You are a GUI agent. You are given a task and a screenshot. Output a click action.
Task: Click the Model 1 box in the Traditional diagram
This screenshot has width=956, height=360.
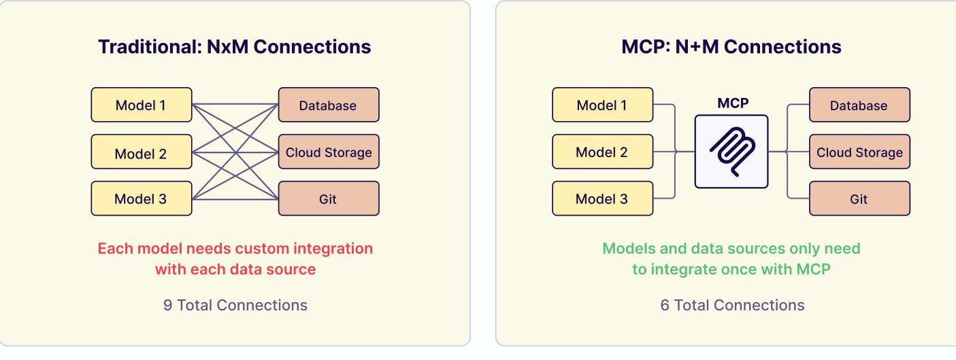(142, 105)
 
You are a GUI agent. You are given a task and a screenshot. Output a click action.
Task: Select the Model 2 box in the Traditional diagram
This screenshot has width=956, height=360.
(142, 152)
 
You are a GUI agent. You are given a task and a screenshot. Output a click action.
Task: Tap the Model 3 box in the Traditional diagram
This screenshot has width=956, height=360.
(142, 199)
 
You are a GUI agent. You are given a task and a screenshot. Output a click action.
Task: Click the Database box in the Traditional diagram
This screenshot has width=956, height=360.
(329, 105)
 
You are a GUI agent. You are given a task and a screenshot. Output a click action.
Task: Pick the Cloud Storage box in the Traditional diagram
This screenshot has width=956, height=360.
(329, 152)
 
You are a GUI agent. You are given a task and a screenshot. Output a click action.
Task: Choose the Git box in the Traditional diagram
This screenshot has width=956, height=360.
(329, 199)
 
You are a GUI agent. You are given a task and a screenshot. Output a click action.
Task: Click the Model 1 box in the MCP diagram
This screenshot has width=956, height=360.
(602, 105)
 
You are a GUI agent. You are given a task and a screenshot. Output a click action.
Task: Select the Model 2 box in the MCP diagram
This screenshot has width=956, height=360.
(602, 152)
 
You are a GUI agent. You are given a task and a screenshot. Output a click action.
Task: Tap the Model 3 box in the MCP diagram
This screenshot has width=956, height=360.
(602, 199)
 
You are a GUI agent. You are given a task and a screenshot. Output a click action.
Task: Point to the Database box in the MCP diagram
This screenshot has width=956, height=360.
(859, 105)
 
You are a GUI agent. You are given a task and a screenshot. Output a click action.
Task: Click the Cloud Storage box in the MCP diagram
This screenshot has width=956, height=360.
(859, 152)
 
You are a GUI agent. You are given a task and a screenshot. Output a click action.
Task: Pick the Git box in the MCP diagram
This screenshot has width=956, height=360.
(859, 199)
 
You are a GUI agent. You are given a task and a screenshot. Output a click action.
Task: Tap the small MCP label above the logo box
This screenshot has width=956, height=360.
(732, 103)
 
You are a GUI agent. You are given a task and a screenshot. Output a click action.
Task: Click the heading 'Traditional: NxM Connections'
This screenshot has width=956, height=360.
(235, 47)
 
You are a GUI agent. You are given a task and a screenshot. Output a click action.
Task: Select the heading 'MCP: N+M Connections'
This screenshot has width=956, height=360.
(731, 47)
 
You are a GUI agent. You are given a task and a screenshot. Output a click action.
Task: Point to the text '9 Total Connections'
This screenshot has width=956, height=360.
(235, 305)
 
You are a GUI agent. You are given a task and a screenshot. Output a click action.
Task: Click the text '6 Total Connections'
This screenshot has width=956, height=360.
(732, 305)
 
